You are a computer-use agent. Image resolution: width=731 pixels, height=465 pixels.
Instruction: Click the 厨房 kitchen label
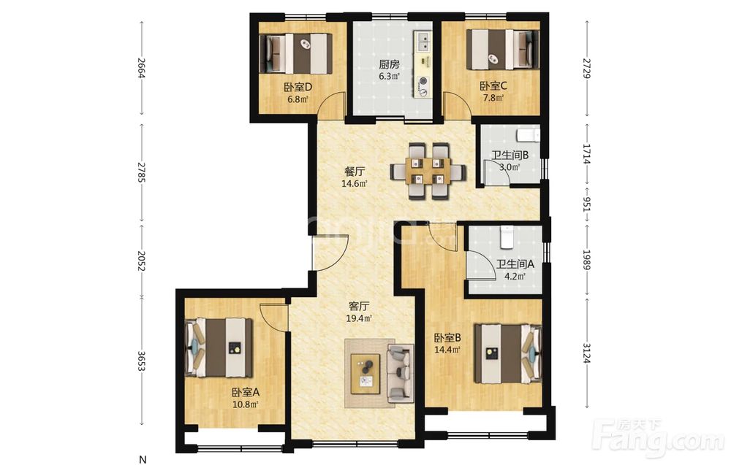click(x=389, y=64)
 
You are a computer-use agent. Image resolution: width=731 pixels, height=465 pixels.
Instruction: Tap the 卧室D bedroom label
click(x=298, y=87)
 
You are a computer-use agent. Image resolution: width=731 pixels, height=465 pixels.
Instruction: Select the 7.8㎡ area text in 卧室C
click(x=493, y=98)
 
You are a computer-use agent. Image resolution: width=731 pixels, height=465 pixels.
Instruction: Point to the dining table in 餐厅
click(x=428, y=172)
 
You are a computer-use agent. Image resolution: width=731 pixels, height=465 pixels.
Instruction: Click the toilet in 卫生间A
click(x=507, y=237)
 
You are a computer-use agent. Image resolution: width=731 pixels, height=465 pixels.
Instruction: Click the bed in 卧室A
click(x=219, y=347)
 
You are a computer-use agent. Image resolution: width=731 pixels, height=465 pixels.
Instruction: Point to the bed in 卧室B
click(x=508, y=354)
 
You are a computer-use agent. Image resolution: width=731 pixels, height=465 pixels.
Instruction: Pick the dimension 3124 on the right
click(x=586, y=353)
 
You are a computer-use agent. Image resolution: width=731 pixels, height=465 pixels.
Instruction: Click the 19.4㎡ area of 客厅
click(x=358, y=318)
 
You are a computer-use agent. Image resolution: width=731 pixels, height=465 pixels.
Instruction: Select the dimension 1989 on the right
click(x=586, y=260)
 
